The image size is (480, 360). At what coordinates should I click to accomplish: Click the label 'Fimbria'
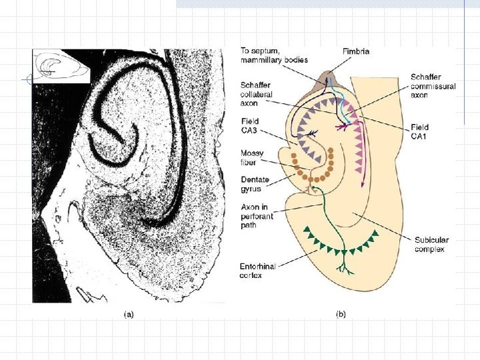coord(357,51)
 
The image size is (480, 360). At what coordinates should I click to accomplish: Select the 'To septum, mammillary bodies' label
coord(274,55)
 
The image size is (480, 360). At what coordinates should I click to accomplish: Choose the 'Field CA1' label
coord(420,131)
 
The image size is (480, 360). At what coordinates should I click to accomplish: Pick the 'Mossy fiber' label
coord(253,158)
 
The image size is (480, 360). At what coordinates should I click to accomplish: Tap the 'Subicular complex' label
coord(430,245)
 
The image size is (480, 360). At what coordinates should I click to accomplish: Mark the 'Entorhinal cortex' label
coord(257,271)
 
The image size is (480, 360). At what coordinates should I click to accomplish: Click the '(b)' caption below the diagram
coord(340,314)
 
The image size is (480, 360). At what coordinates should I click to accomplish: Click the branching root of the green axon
coord(346,267)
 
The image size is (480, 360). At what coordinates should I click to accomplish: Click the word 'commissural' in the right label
coord(433,87)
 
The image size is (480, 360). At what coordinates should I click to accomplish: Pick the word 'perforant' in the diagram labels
coord(256,217)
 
